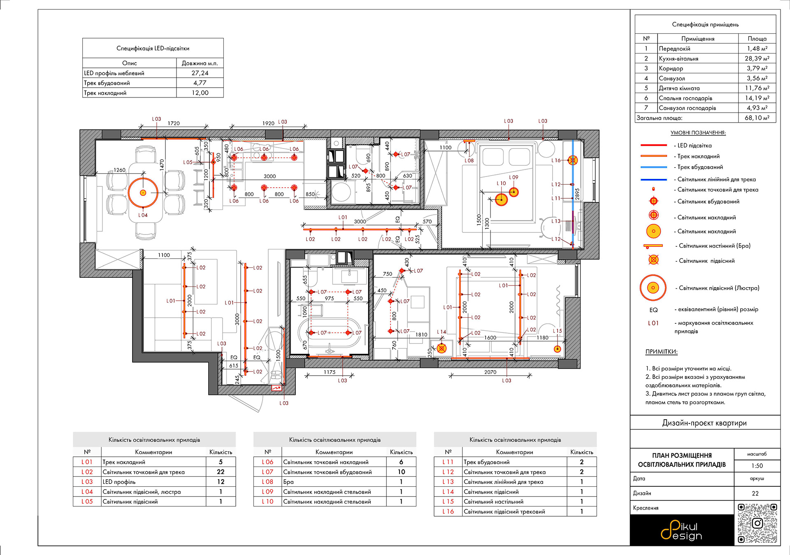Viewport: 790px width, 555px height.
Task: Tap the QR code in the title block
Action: (x=757, y=523)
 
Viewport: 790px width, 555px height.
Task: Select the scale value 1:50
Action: (x=757, y=466)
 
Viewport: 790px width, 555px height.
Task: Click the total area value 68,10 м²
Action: (x=757, y=118)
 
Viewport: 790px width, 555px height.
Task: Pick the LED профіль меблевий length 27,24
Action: (x=200, y=73)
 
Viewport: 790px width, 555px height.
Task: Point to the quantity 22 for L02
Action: (x=221, y=472)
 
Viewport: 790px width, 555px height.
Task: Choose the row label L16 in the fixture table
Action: (x=448, y=511)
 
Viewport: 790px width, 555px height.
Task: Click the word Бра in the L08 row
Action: (x=288, y=482)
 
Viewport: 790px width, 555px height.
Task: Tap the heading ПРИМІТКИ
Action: (x=661, y=352)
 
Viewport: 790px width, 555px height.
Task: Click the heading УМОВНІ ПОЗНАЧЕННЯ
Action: (x=698, y=133)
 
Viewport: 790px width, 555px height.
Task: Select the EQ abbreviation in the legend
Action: (x=653, y=310)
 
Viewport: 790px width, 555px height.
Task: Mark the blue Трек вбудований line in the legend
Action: (x=654, y=167)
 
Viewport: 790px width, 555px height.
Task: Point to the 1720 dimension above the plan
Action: (x=174, y=123)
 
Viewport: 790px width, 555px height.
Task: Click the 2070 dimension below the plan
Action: (x=490, y=372)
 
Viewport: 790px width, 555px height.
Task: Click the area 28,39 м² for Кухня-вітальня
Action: (x=757, y=58)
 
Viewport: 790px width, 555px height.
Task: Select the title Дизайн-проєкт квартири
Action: (x=704, y=423)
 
